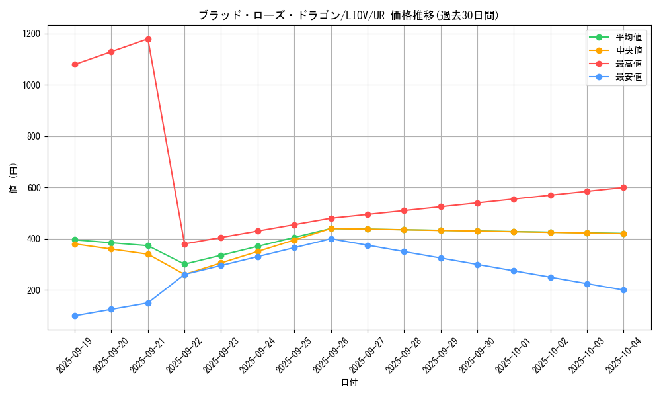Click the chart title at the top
tap(349, 15)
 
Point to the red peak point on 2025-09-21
tap(148, 39)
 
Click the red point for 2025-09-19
tap(75, 64)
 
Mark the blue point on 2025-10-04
tap(623, 290)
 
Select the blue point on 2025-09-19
tap(75, 316)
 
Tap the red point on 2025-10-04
tap(623, 188)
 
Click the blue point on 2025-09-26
tap(331, 239)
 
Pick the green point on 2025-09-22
tap(184, 264)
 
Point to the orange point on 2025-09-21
tap(148, 254)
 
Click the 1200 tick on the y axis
tap(32, 34)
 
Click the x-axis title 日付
tap(349, 383)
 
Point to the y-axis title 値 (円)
tap(14, 179)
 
